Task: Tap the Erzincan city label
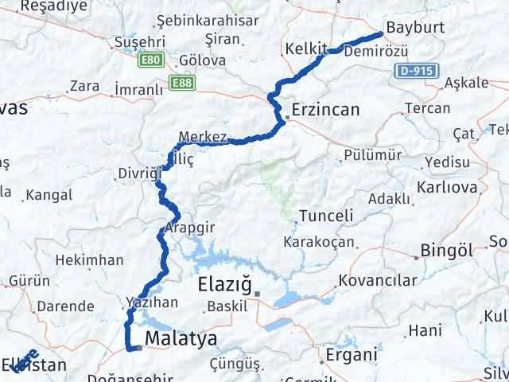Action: pyautogui.click(x=325, y=110)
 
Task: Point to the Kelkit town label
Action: pyautogui.click(x=305, y=50)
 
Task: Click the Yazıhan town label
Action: pyautogui.click(x=148, y=302)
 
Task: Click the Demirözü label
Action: pyautogui.click(x=379, y=51)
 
